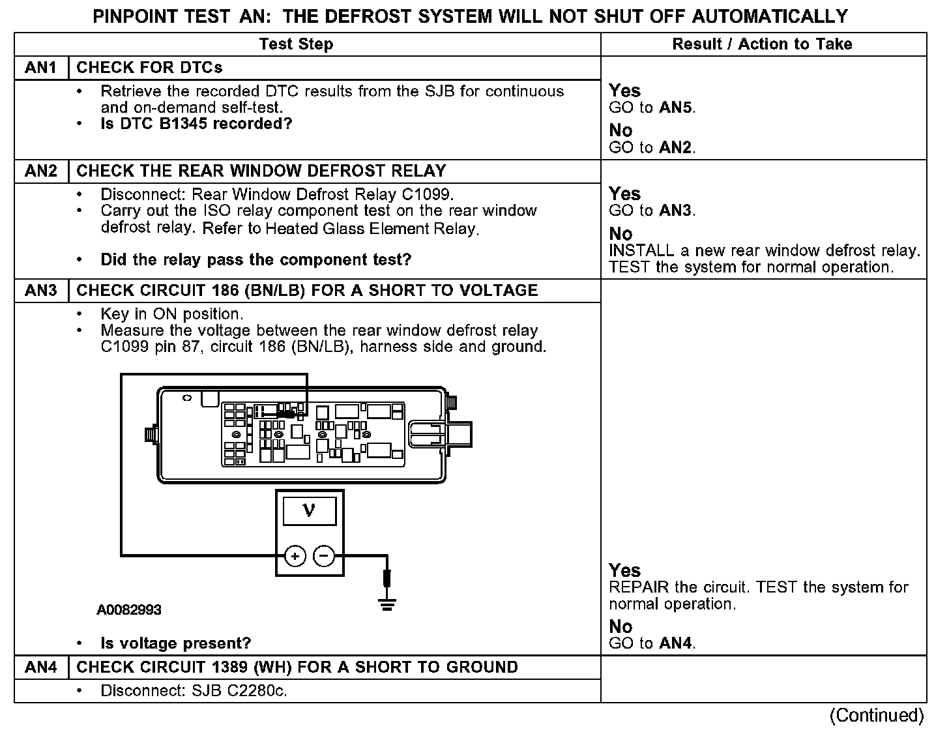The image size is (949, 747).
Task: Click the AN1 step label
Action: (x=41, y=68)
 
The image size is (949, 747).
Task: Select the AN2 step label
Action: (x=41, y=171)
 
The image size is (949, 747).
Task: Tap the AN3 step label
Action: (x=41, y=290)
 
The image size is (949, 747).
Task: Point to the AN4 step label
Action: (x=41, y=667)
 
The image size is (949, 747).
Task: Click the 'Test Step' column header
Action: (x=296, y=44)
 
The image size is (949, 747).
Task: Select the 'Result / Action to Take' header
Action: (x=762, y=44)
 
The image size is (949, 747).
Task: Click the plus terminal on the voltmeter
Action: (x=295, y=556)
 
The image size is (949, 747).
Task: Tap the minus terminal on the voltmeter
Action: (x=324, y=556)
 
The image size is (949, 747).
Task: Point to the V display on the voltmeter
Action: (x=310, y=511)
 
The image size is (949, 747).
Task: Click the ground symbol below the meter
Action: (x=387, y=604)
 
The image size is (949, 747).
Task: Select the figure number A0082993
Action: (x=129, y=610)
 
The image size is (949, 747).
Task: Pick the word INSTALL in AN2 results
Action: (x=641, y=251)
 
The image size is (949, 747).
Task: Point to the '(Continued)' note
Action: (x=877, y=715)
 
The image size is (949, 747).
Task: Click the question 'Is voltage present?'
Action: (x=175, y=643)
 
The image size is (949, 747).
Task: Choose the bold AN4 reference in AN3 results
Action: (x=676, y=643)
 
